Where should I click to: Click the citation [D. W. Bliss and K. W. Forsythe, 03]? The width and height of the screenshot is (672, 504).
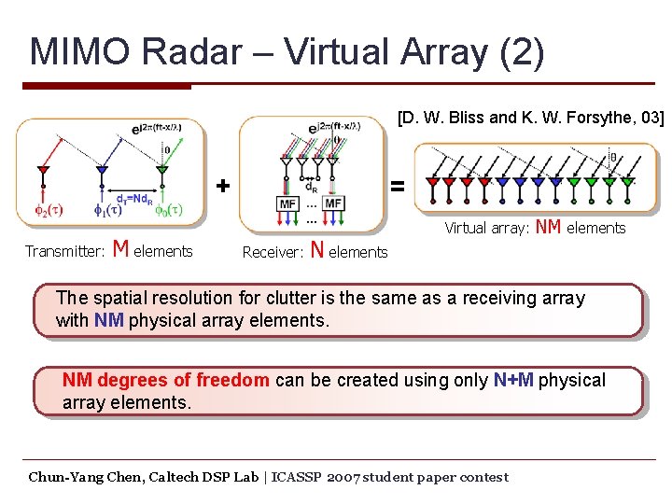[x=530, y=118]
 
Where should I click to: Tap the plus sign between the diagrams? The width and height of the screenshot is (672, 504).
[x=222, y=185]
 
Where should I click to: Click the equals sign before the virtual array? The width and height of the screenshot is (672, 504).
[x=398, y=187]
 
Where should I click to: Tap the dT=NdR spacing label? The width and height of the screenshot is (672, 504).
[x=132, y=197]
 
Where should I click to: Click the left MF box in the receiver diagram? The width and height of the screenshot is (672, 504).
[x=288, y=203]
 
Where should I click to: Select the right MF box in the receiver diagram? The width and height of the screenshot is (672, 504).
[x=333, y=203]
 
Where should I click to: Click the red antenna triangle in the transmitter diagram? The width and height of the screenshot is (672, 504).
[x=42, y=171]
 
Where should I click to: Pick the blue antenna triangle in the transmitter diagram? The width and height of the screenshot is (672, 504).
[x=102, y=171]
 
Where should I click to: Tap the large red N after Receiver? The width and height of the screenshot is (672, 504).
[x=317, y=249]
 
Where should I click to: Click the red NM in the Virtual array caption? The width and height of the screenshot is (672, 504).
[x=549, y=227]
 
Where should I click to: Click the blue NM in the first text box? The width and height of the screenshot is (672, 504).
[x=108, y=320]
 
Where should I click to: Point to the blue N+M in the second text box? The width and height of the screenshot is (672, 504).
[x=513, y=380]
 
